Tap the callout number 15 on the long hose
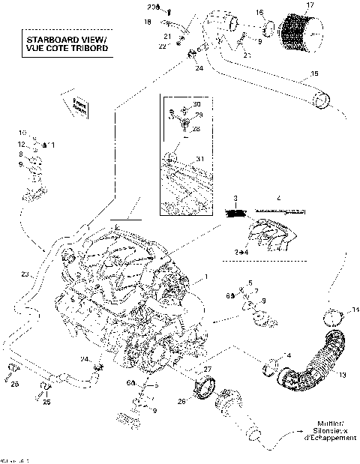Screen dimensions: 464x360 [x=314, y=73]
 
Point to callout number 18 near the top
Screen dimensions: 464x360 [x=147, y=23]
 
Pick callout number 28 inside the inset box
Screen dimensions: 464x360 [x=196, y=128]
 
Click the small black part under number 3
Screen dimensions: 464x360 [x=235, y=213]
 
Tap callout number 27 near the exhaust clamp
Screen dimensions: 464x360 [x=208, y=369]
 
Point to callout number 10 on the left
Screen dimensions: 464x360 [x=22, y=132]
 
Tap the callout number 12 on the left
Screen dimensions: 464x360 [x=22, y=142]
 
